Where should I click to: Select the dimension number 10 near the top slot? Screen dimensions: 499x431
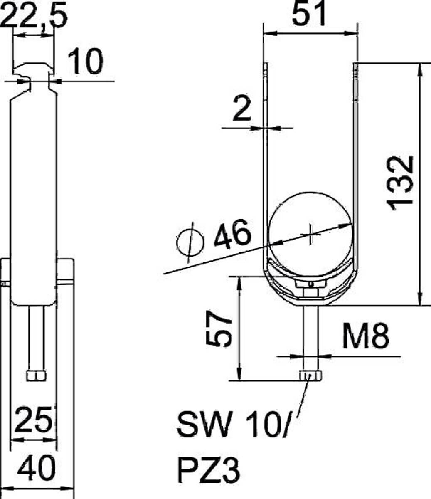click(85, 61)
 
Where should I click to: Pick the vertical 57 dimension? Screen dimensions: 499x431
click(219, 329)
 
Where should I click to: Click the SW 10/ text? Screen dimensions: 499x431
click(232, 424)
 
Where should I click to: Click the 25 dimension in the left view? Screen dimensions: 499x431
click(34, 420)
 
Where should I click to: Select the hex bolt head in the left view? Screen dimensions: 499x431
click(36, 375)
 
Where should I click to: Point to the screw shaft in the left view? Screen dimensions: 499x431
click(36, 337)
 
